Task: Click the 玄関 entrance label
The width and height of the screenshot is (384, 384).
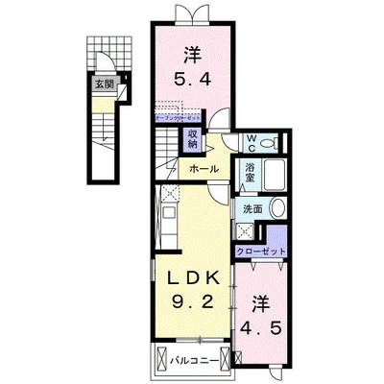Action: (101, 84)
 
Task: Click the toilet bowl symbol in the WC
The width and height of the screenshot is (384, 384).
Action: (274, 143)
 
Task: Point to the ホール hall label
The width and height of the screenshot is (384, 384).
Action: (203, 168)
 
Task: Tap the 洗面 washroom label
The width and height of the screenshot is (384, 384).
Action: (251, 207)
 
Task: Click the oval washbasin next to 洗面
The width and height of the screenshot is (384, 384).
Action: (276, 207)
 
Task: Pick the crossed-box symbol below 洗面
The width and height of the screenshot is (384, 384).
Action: (245, 230)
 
